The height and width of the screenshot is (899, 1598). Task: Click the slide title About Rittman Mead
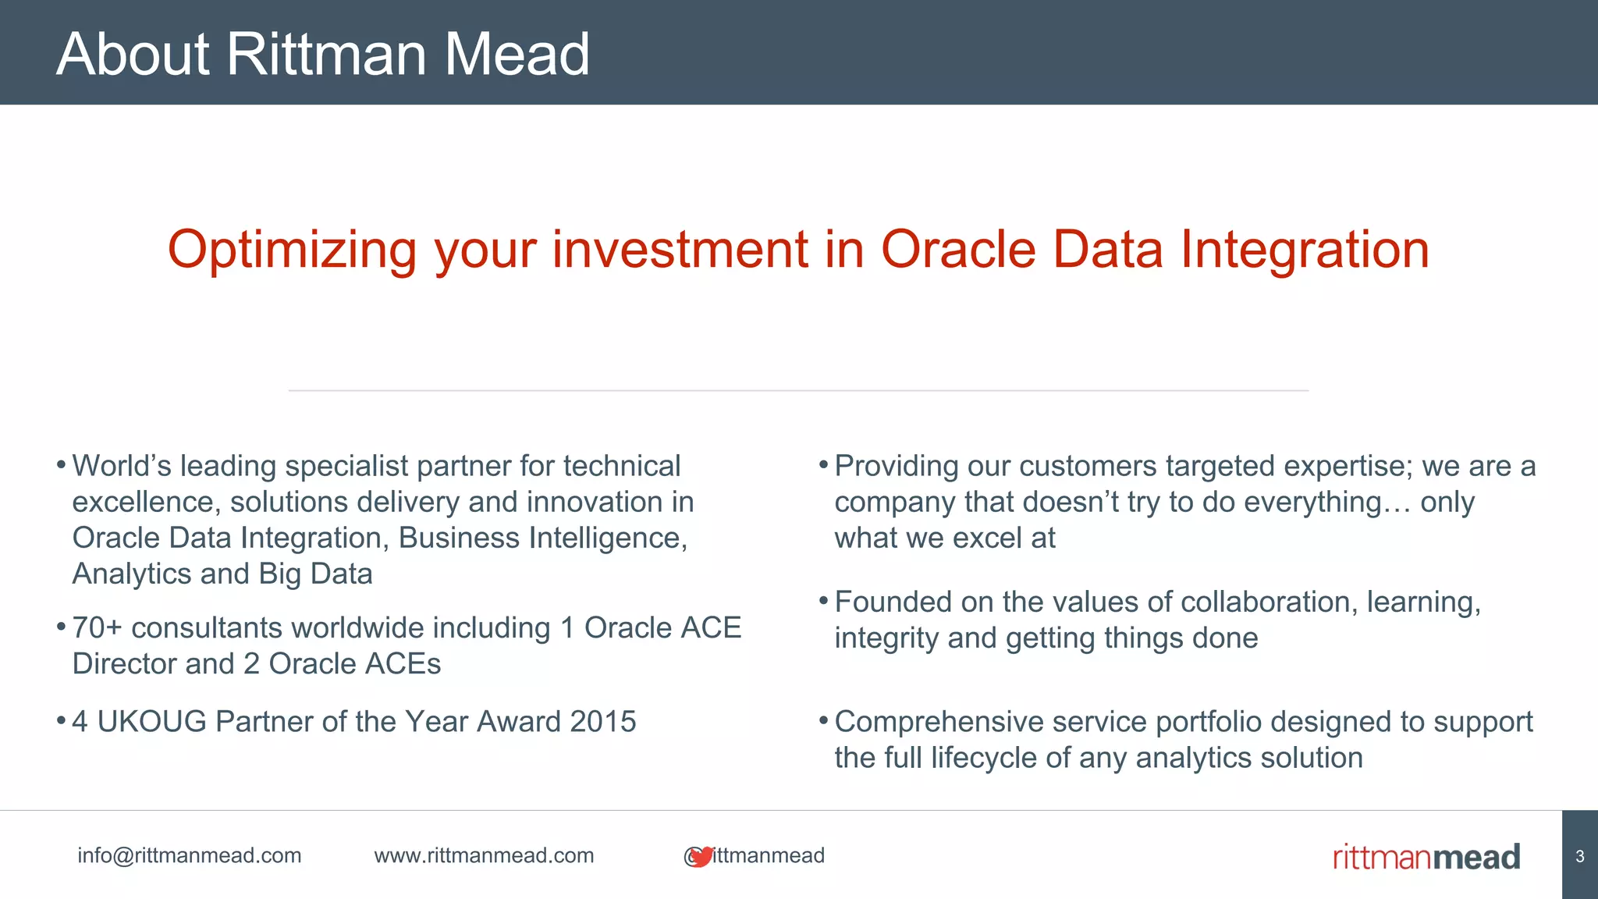[323, 54]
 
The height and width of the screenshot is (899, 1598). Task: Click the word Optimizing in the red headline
[293, 250]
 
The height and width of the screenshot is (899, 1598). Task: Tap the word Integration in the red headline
[1304, 250]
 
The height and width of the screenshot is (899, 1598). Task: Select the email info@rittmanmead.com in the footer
[189, 855]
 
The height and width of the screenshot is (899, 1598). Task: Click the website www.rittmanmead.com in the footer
[484, 855]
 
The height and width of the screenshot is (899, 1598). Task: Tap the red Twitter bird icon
[701, 856]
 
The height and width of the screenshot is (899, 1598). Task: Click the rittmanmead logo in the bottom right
[1426, 857]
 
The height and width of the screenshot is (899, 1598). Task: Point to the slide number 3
[1579, 856]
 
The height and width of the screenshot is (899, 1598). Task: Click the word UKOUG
[151, 722]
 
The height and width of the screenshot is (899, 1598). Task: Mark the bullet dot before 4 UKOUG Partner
[61, 720]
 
